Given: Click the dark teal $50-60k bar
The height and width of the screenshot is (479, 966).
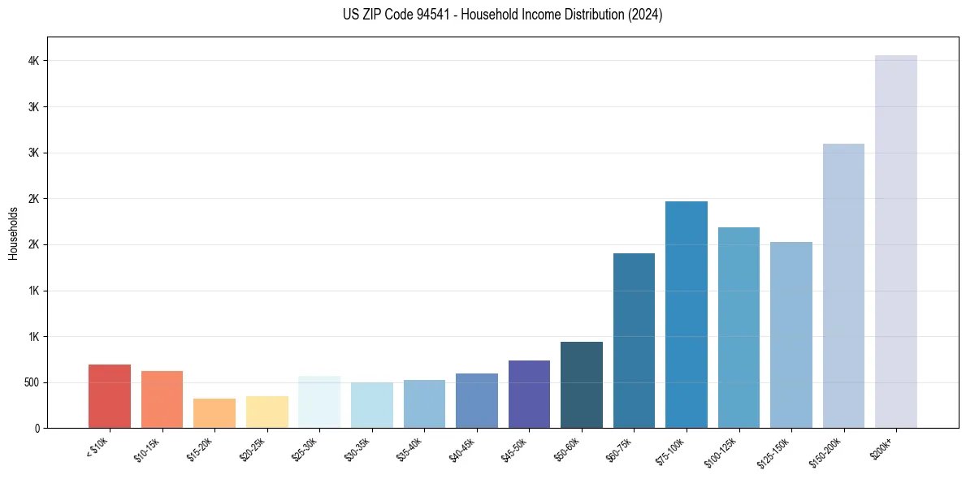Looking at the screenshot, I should (581, 385).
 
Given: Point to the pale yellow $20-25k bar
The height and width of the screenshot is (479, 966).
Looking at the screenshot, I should (267, 412).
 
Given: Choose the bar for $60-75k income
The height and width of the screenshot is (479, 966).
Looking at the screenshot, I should (634, 341).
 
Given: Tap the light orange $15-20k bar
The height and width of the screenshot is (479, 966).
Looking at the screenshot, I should (214, 413).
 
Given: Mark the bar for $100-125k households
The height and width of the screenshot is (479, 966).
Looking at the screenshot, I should (739, 328).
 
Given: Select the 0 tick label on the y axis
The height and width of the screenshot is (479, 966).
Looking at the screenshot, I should (37, 429).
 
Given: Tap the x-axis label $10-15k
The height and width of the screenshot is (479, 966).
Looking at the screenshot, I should (147, 448).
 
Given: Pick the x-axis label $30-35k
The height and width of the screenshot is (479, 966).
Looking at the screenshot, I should (357, 448).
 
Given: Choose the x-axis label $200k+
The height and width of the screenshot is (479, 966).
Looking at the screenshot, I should (882, 446).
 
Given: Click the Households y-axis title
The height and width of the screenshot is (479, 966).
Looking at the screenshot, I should (14, 233).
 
